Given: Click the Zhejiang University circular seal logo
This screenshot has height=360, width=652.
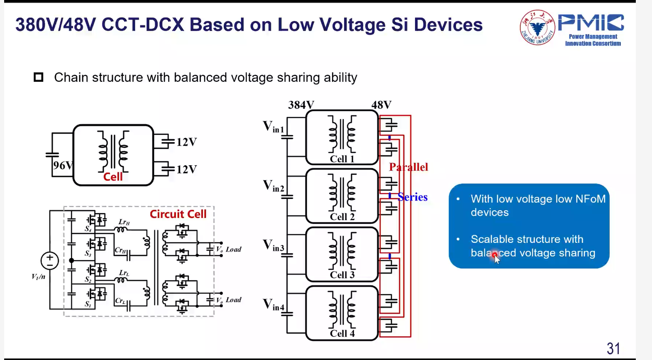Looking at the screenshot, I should click(x=537, y=27).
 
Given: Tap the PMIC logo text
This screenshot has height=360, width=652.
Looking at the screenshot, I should click(x=591, y=23).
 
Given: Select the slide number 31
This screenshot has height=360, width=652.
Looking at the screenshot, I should click(x=613, y=348).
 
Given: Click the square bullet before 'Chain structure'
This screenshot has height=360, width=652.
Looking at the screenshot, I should click(x=39, y=77).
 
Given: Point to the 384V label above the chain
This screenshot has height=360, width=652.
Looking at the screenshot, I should click(x=301, y=105).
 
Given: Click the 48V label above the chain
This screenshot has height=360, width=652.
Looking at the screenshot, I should click(x=381, y=105).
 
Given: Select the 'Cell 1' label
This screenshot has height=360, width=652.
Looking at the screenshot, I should click(x=342, y=159).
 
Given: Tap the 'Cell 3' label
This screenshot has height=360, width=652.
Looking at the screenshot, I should click(x=342, y=275).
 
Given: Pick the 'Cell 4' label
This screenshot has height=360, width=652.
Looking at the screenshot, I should click(x=342, y=333).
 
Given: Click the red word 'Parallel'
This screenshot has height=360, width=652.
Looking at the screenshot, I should click(x=408, y=167).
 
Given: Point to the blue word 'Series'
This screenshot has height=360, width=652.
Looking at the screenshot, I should click(x=413, y=197).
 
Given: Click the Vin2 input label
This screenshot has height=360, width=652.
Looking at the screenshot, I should click(x=273, y=186).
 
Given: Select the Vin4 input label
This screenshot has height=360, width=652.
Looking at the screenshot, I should click(x=273, y=305).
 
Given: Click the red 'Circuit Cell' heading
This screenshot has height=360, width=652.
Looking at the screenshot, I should click(x=178, y=214).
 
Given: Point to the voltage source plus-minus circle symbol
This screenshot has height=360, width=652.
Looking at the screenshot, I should click(x=50, y=261).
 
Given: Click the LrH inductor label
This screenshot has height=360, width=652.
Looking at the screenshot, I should click(x=124, y=222).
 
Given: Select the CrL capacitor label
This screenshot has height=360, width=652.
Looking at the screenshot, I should click(x=120, y=301).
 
